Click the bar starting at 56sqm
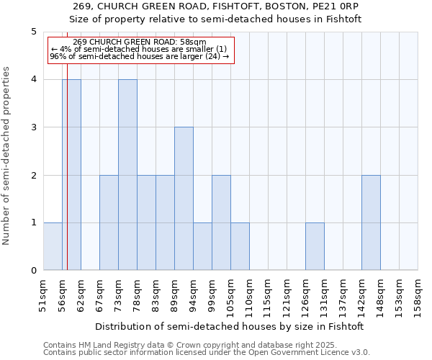(x=71, y=175)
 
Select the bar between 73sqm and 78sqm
(x=127, y=175)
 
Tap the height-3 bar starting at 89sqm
(x=184, y=199)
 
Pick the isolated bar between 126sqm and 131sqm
(x=315, y=246)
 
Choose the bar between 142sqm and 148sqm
(x=371, y=222)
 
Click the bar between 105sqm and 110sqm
(x=240, y=246)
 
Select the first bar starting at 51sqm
(x=53, y=246)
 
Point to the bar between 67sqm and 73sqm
(x=109, y=222)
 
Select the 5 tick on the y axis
(x=33, y=32)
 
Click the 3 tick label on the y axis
(x=33, y=127)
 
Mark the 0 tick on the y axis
(x=33, y=271)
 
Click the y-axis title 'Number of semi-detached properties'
(x=7, y=155)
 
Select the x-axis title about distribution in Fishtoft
(x=229, y=326)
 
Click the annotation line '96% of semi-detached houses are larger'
(x=139, y=56)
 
